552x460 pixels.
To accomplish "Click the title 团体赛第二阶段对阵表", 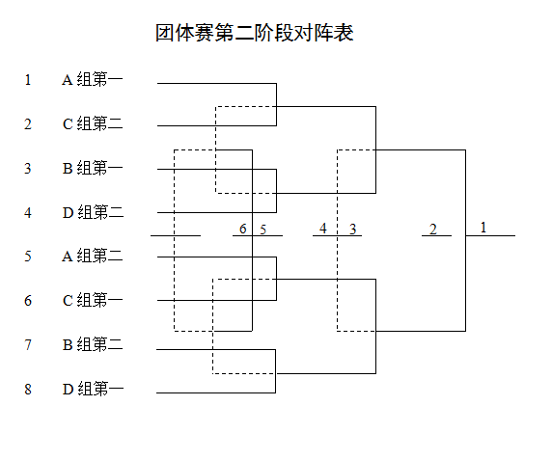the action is [x=255, y=33].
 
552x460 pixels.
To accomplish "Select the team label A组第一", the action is [x=93, y=79].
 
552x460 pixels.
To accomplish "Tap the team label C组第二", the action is [x=93, y=123].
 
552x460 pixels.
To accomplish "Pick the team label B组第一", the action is [x=93, y=168].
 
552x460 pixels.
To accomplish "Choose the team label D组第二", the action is [x=93, y=212].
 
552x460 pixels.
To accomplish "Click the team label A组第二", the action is [x=93, y=256].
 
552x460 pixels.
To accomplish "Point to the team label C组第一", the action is [x=93, y=300].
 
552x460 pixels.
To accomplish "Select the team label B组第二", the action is [x=93, y=344].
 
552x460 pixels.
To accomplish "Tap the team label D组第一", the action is [x=93, y=389].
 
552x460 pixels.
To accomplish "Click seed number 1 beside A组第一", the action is [x=28, y=80].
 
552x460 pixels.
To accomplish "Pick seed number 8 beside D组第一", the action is [x=28, y=390].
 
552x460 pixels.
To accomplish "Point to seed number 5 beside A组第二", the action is [x=28, y=256].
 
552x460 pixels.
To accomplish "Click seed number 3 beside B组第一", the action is [x=28, y=168].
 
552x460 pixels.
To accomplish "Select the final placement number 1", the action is [x=483, y=228].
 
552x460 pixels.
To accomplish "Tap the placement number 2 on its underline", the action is [x=433, y=230].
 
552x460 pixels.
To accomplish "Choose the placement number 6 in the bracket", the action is [x=243, y=229].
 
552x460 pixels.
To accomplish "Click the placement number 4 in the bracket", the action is [x=323, y=229].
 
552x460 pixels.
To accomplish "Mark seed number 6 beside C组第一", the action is [x=28, y=301].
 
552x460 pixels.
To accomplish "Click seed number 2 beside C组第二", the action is [x=28, y=124].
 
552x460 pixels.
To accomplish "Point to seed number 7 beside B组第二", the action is [x=28, y=344].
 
